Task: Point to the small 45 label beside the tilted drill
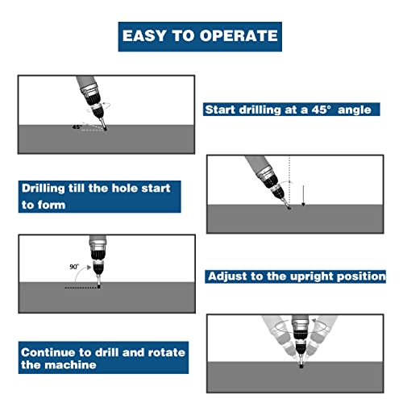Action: [x=76, y=127]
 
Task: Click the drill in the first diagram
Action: [x=93, y=101]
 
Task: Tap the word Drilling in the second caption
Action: [x=48, y=188]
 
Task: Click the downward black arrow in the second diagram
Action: [x=302, y=195]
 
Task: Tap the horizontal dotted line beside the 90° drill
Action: [x=81, y=286]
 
